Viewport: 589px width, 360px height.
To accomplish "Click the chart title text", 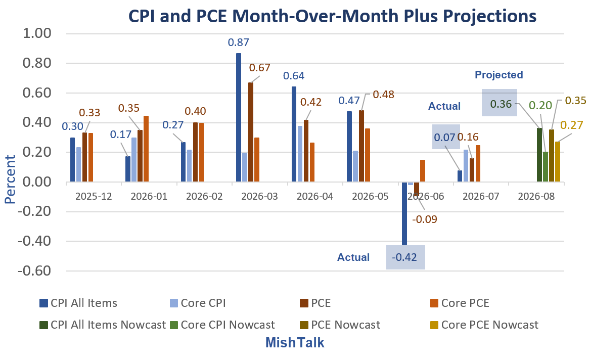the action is pyautogui.click(x=332, y=16).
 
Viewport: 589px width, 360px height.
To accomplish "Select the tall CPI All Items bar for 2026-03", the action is pyautogui.click(x=239, y=117).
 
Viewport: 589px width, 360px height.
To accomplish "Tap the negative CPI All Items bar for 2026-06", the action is pyautogui.click(x=404, y=213).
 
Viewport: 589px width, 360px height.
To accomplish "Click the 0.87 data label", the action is pyautogui.click(x=239, y=42).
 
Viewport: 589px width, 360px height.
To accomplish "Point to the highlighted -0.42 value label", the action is pyautogui.click(x=404, y=257).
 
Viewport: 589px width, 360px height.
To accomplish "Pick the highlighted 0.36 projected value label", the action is pyautogui.click(x=501, y=104).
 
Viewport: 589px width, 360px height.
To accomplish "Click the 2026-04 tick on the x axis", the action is pyautogui.click(x=315, y=196).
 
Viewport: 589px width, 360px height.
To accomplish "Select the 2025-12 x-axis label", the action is pyautogui.click(x=94, y=196).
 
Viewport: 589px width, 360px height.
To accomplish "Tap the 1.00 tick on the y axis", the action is pyautogui.click(x=37, y=33).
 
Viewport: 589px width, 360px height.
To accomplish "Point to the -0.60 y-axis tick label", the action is pyautogui.click(x=34, y=271).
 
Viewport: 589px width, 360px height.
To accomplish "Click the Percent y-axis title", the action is pyautogui.click(x=10, y=179).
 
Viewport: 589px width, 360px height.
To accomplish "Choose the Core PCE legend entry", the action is pyautogui.click(x=460, y=303).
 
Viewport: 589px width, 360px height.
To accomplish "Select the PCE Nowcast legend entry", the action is pyautogui.click(x=340, y=325).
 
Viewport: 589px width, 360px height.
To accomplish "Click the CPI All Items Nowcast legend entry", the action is pyautogui.click(x=103, y=325).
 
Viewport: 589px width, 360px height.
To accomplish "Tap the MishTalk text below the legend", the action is pyautogui.click(x=295, y=343).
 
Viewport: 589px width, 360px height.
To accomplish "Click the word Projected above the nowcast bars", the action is pyautogui.click(x=499, y=75).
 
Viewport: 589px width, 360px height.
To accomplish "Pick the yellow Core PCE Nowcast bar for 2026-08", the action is pyautogui.click(x=558, y=162).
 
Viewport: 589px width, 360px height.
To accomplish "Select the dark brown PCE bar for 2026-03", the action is pyautogui.click(x=251, y=132).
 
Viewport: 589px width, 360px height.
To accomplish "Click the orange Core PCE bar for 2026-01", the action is pyautogui.click(x=146, y=149).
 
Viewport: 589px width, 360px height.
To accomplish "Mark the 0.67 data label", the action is pyautogui.click(x=259, y=68).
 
